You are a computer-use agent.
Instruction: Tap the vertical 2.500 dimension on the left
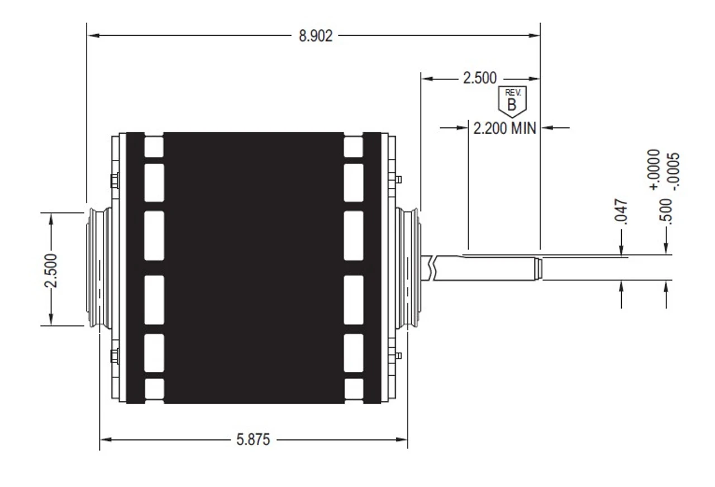click(x=51, y=268)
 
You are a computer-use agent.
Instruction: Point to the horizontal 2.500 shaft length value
click(x=479, y=78)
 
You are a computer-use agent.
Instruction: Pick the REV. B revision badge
click(x=512, y=100)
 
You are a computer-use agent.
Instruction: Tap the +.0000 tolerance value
click(x=655, y=170)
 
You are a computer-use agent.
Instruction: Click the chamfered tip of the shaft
click(x=537, y=268)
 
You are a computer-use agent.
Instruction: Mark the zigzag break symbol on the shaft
click(x=432, y=267)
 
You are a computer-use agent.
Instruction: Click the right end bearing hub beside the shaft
click(x=412, y=267)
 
